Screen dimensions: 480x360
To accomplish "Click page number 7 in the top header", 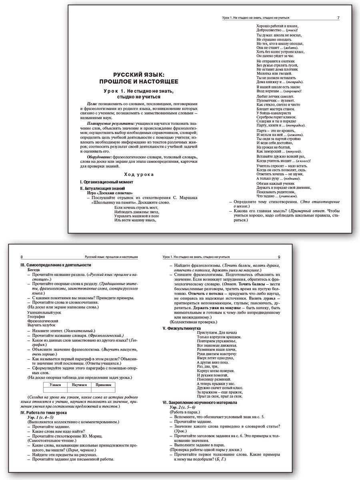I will pyautogui.click(x=338, y=18).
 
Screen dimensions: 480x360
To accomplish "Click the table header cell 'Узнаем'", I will pyautogui.click(x=55, y=384).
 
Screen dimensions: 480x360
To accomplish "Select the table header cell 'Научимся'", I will pyautogui.click(x=78, y=384).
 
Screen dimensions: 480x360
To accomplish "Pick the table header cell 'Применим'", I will pyautogui.click(x=102, y=384).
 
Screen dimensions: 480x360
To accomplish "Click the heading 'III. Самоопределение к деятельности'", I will pyautogui.click(x=56, y=265).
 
